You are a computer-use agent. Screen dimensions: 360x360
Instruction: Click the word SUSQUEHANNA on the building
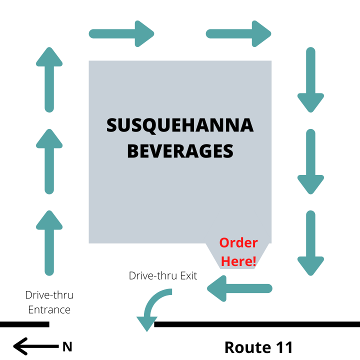pos(180,125)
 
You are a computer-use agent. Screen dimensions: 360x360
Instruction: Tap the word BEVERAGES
pos(180,151)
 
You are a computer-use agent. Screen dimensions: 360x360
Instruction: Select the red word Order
pos(238,242)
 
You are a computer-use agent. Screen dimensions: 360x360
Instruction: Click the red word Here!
pos(238,261)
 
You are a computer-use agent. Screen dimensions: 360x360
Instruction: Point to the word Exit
pos(188,275)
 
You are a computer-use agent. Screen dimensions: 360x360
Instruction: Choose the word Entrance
pos(49,309)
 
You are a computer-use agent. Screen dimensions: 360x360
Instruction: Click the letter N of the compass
pos(67,346)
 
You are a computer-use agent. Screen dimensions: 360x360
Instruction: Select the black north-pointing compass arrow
pos(36,346)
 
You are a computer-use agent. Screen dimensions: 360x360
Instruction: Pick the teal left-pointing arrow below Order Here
pos(239,288)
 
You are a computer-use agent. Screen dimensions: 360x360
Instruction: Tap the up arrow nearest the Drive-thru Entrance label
pos(49,243)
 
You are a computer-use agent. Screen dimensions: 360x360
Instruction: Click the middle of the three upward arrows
pos(49,161)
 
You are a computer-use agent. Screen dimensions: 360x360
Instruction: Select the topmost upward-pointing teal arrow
pos(49,79)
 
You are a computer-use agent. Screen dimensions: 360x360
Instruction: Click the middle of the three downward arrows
pos(310,161)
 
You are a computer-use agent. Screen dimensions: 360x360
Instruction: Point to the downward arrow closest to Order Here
pos(310,243)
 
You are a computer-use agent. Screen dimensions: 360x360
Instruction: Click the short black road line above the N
pos(24,324)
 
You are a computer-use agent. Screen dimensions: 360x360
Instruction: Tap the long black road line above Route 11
pos(257,324)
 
